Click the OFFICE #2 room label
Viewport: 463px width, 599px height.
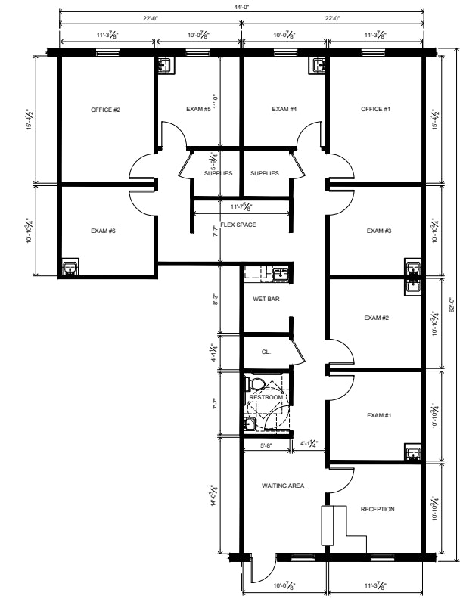point(105,110)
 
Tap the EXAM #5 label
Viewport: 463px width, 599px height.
point(198,109)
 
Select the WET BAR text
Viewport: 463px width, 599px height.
point(266,299)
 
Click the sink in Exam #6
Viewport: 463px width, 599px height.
point(70,267)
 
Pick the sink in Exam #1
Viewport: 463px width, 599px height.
point(413,453)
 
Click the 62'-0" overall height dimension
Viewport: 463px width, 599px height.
point(452,305)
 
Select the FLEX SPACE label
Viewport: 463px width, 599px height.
point(238,225)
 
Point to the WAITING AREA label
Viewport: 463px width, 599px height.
point(283,486)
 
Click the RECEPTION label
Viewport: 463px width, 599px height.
point(378,509)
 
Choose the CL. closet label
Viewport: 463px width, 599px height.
point(266,352)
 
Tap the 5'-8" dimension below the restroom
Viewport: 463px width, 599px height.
point(266,445)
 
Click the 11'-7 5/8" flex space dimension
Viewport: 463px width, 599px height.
point(241,207)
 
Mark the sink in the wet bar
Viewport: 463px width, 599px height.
point(281,275)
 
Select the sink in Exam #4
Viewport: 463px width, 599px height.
point(319,65)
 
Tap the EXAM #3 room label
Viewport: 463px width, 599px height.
point(379,231)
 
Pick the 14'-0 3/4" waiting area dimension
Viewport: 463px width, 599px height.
point(214,495)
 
